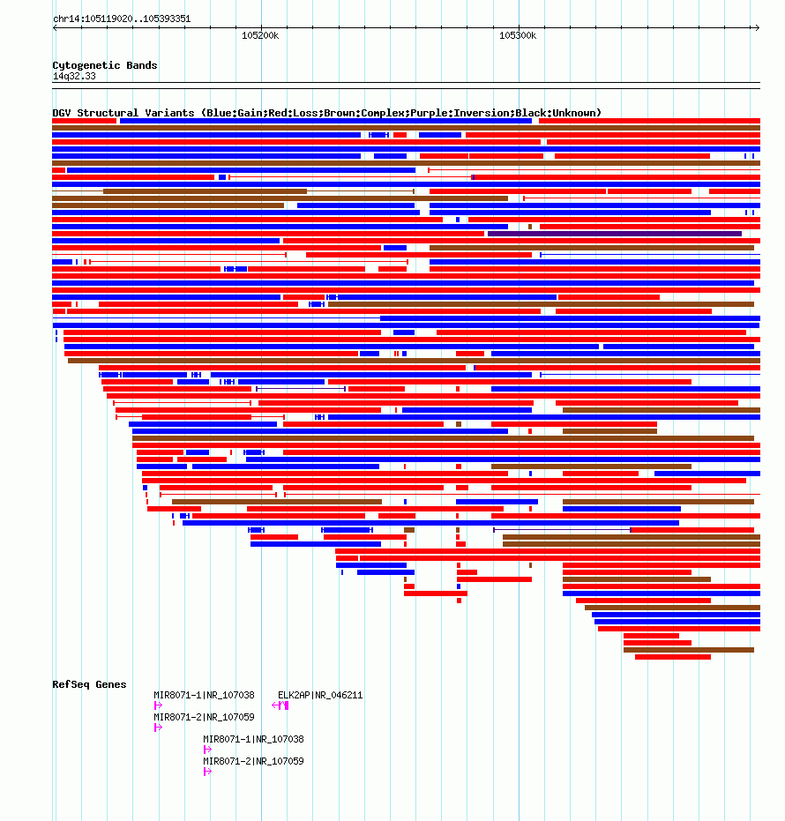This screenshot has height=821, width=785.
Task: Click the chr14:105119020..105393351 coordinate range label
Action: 122,19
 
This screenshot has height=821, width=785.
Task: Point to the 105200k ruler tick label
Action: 260,35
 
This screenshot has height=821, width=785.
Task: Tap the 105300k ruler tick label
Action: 518,35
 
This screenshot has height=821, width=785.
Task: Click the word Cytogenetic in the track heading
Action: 86,65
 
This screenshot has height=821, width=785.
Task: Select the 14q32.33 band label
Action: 74,76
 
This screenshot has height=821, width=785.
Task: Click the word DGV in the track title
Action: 61,113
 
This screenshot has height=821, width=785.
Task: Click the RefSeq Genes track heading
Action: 90,684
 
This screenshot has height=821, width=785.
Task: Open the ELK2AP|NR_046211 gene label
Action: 320,695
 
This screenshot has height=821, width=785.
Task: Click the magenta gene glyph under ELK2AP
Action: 280,705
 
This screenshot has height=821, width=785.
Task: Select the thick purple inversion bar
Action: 615,234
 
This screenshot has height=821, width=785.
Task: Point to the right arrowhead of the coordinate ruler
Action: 759,27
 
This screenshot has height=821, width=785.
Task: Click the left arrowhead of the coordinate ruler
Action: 55,27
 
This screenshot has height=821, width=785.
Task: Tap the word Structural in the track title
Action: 108,113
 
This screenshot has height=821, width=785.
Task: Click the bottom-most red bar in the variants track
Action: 673,657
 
